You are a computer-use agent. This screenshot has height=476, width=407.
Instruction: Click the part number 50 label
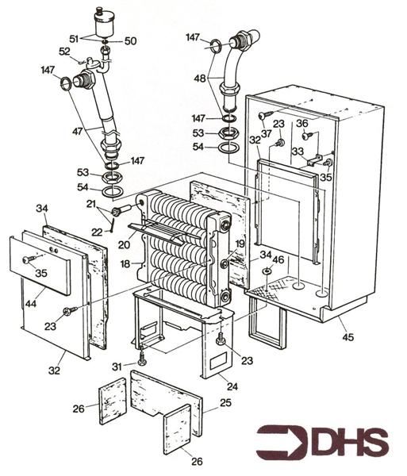click(x=130, y=40)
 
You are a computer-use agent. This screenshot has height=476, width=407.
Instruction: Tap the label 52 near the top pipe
click(x=65, y=52)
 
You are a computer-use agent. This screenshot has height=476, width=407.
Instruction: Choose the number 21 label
click(x=92, y=205)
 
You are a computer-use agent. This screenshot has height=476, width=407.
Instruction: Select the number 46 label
click(x=277, y=259)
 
